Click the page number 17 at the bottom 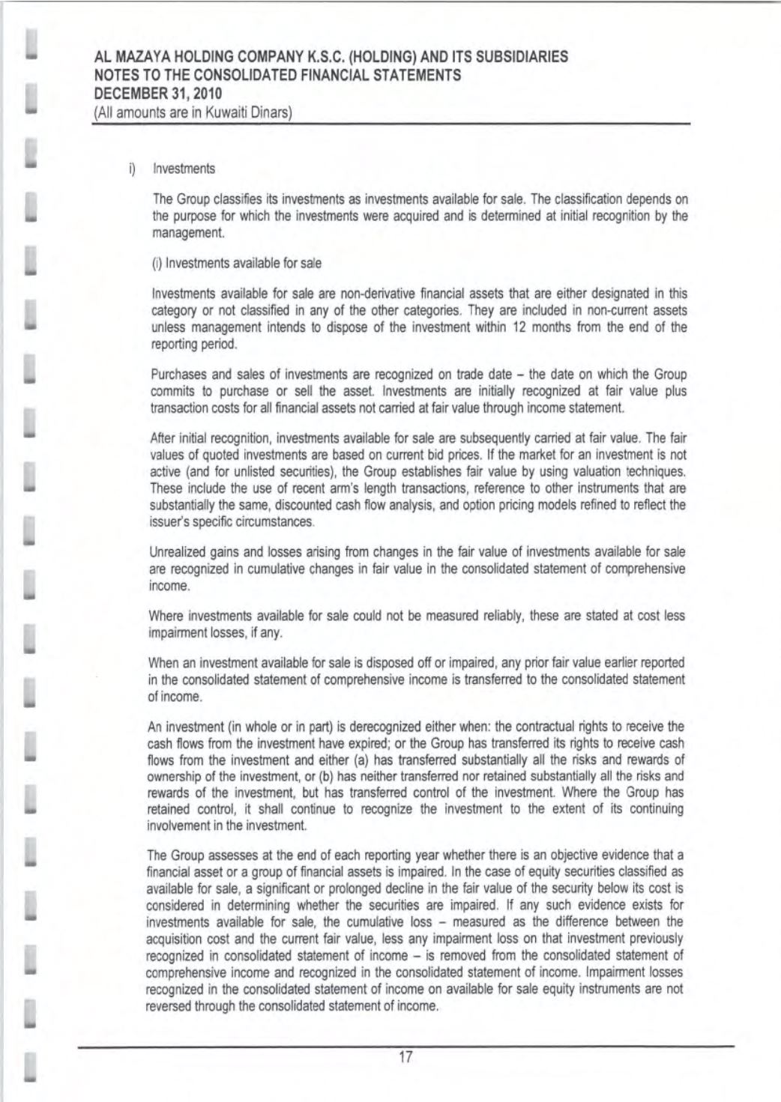(405, 1058)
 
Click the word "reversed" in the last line (170, 1006)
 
